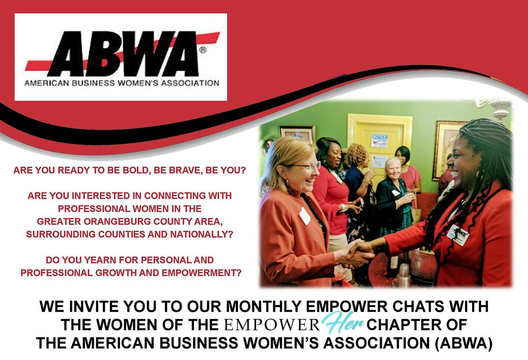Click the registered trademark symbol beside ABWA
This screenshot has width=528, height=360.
tap(203, 51)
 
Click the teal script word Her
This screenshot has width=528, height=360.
tap(343, 324)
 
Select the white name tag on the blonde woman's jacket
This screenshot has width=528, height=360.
tap(304, 216)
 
